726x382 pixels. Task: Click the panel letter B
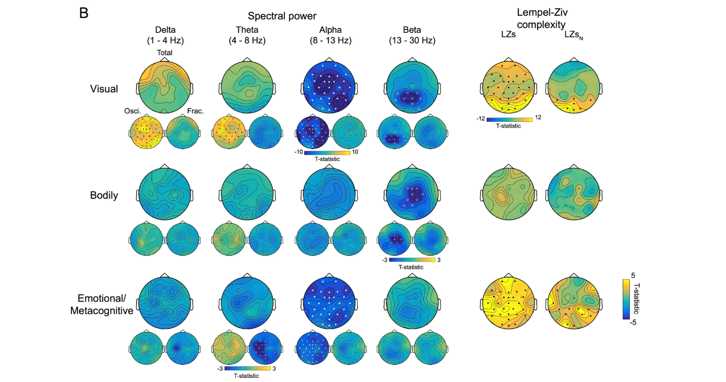tap(84, 13)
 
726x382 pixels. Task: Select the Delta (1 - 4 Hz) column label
tap(164, 35)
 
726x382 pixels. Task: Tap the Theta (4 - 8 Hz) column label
tap(247, 35)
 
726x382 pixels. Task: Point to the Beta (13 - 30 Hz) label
tap(412, 35)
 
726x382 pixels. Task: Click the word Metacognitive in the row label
tap(102, 310)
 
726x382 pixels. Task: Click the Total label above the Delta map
tap(165, 52)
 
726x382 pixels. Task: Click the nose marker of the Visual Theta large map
tap(247, 60)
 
